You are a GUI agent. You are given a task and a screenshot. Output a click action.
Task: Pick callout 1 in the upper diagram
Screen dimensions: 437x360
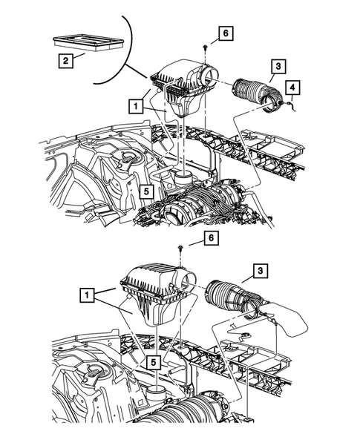[135, 107]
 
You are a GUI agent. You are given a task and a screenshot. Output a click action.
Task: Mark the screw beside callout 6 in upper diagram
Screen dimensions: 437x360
[204, 47]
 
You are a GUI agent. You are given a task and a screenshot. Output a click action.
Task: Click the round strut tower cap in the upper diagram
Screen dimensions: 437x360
[130, 157]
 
